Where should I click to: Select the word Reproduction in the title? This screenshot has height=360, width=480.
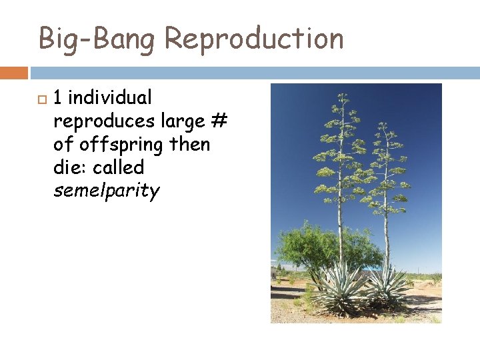point(254,39)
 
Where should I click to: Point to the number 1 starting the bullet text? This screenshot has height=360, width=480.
point(58,98)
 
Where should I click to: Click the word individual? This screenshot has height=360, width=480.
point(110,98)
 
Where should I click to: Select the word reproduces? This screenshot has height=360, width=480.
point(104,121)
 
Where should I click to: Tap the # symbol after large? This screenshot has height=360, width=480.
point(219,121)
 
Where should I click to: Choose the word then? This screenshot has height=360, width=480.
point(193,145)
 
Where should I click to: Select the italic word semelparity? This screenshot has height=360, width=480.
point(107,192)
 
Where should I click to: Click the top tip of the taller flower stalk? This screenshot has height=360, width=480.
point(342,94)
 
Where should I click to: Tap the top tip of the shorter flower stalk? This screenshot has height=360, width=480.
point(383,124)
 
